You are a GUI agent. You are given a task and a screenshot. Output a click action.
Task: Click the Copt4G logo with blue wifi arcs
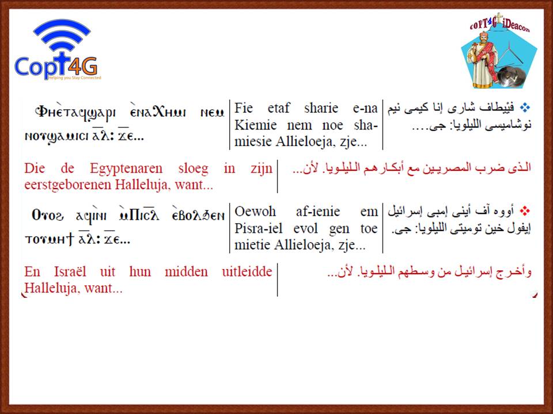[58, 49]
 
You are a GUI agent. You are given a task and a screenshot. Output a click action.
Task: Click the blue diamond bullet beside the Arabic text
[525, 108]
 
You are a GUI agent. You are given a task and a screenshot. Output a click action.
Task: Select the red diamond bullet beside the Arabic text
[525, 211]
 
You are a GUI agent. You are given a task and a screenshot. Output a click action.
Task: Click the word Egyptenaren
[126, 169]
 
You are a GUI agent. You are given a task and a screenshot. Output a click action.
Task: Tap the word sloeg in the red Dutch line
[194, 169]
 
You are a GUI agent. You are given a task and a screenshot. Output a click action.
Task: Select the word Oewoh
[255, 212]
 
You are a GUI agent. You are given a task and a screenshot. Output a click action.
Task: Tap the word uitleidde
[247, 272]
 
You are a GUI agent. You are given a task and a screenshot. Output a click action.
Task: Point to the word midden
[186, 272]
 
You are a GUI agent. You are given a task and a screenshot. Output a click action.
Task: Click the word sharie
[321, 108]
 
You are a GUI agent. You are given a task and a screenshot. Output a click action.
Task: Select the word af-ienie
[318, 212]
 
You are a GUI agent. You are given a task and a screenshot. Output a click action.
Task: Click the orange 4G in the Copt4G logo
[82, 66]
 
